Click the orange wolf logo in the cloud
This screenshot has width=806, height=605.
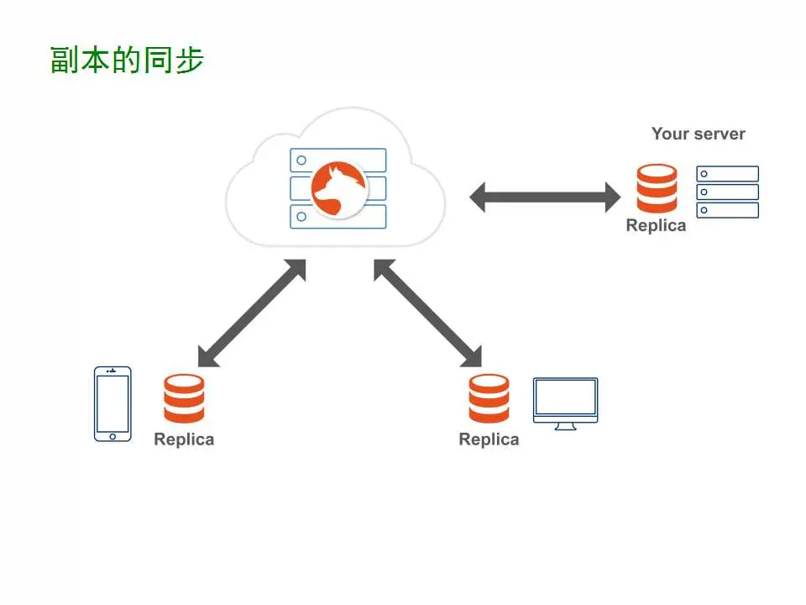coord(338,188)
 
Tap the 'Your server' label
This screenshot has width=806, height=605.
coord(698,134)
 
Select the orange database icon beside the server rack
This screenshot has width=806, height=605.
coord(657,188)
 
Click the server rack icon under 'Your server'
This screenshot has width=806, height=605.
coord(727,192)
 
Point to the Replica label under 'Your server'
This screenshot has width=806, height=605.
coord(656,225)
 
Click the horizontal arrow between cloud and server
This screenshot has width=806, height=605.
coord(544,197)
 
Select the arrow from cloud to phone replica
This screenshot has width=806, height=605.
coord(251,313)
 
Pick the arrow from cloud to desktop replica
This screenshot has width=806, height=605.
coord(428,313)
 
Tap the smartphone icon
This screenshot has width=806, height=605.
coord(113,403)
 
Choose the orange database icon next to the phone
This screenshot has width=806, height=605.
coord(184,398)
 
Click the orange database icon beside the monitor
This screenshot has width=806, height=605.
coord(489,398)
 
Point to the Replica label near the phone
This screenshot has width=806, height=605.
coord(184,439)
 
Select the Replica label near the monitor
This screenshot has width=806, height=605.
coord(489,439)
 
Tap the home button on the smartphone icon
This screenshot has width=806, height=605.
coord(113,435)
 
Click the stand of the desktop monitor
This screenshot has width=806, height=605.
coord(565,426)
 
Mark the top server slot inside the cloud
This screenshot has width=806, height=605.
coord(338,160)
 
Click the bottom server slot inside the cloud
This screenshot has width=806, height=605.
coord(338,217)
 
